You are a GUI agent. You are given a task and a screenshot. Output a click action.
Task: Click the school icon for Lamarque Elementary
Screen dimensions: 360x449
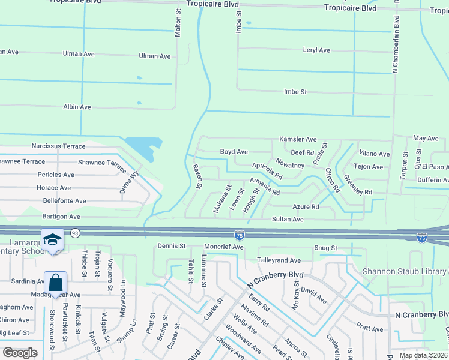(53, 240)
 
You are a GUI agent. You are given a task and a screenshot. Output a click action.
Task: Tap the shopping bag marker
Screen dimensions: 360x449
(55, 282)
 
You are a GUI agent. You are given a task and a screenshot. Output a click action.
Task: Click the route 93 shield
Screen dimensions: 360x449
(76, 233)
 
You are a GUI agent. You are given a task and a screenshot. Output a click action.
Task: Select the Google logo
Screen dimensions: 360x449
(20, 352)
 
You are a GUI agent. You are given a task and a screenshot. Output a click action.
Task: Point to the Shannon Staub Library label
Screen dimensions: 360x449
(405, 271)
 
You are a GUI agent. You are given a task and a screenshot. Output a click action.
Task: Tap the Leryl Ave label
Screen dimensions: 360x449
(316, 50)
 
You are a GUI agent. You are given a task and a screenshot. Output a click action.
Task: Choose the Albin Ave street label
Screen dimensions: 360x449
(77, 107)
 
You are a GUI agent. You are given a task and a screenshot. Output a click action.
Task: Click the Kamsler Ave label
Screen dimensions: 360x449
(298, 139)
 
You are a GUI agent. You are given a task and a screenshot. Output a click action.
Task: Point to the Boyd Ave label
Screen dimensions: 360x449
(234, 152)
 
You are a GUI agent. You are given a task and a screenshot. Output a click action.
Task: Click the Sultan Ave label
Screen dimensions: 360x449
(288, 220)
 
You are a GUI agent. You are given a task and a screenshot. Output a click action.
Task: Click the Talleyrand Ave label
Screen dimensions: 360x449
(279, 260)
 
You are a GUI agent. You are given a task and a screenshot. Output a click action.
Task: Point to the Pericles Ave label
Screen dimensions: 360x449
(55, 175)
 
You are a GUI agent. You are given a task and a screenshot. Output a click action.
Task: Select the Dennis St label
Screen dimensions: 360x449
(172, 246)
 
